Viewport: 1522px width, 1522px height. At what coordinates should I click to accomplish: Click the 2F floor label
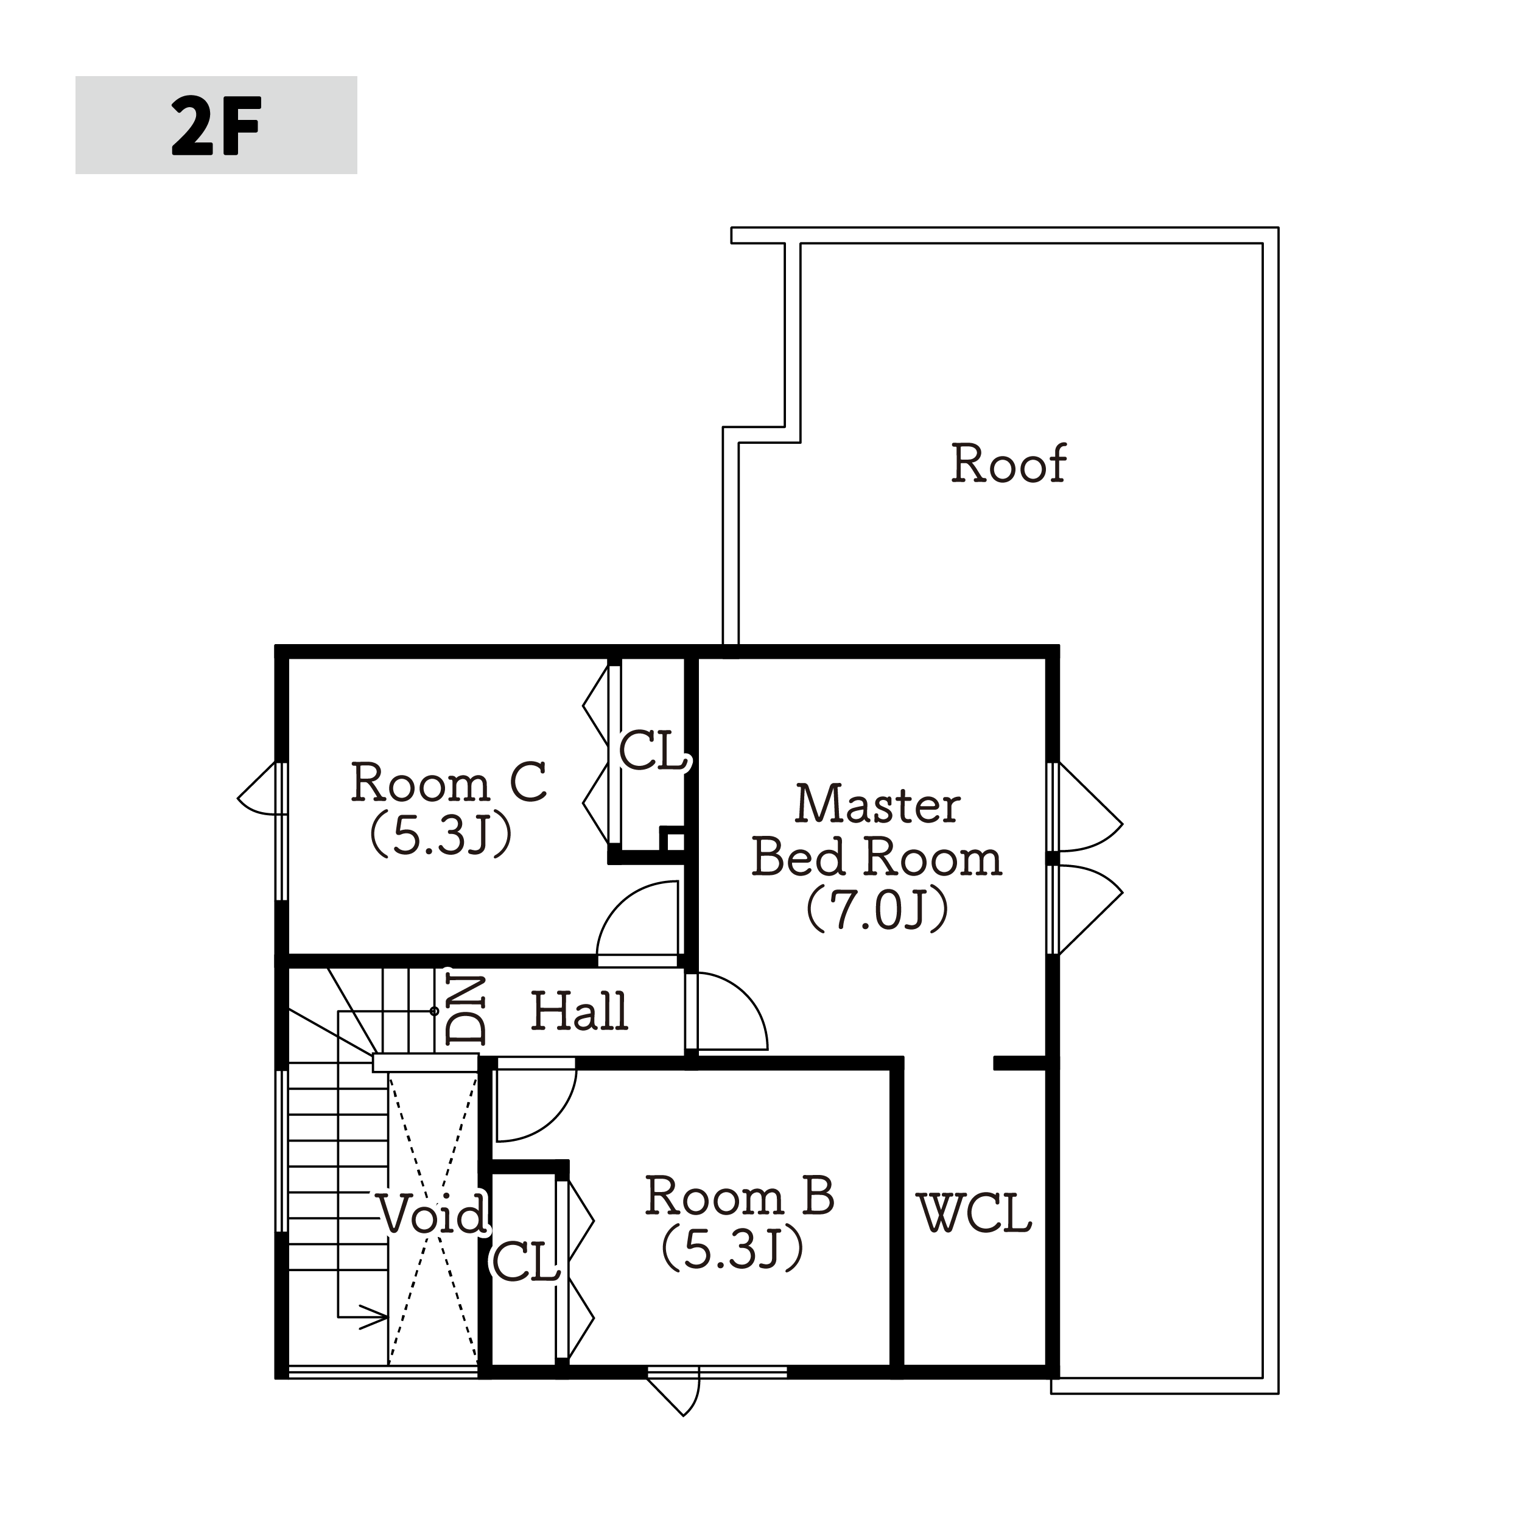click(216, 126)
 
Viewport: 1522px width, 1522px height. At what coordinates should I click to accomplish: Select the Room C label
click(448, 783)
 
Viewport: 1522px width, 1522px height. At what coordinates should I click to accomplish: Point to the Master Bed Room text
click(877, 831)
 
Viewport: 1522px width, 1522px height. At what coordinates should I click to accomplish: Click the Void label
click(432, 1214)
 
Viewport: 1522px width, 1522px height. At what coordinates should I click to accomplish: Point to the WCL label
click(975, 1213)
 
